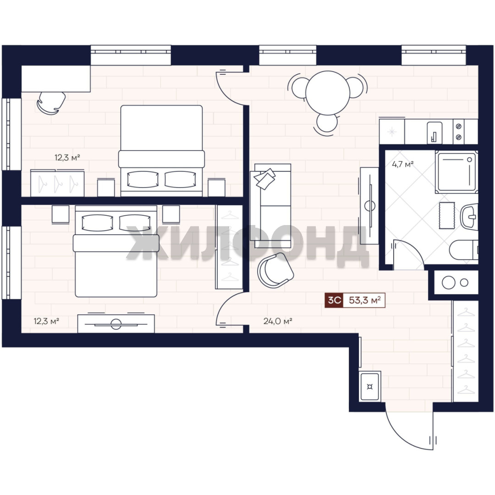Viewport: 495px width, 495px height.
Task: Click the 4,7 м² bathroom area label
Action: [x=402, y=164]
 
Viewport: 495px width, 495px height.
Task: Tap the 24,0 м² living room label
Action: [x=277, y=321]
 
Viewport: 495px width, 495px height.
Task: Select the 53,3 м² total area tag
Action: [x=364, y=300]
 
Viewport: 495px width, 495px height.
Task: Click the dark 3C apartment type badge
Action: [x=334, y=300]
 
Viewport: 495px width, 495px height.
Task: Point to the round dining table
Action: [x=328, y=93]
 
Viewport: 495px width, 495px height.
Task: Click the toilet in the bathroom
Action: [x=463, y=250]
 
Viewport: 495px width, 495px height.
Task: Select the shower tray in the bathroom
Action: [x=456, y=172]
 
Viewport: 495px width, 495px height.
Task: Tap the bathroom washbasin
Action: [x=469, y=216]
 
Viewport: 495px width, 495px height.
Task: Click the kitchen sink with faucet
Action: [x=434, y=132]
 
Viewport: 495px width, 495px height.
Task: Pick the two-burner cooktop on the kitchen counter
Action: [x=459, y=132]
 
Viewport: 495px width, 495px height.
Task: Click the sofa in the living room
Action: [x=270, y=205]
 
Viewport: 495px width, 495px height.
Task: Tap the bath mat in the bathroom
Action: [x=447, y=215]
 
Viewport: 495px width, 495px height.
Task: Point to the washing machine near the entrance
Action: [x=370, y=386]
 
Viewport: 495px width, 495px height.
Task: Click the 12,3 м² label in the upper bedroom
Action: [x=67, y=157]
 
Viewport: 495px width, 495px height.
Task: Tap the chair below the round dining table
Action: [x=327, y=123]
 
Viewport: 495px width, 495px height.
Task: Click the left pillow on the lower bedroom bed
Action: [x=97, y=223]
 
